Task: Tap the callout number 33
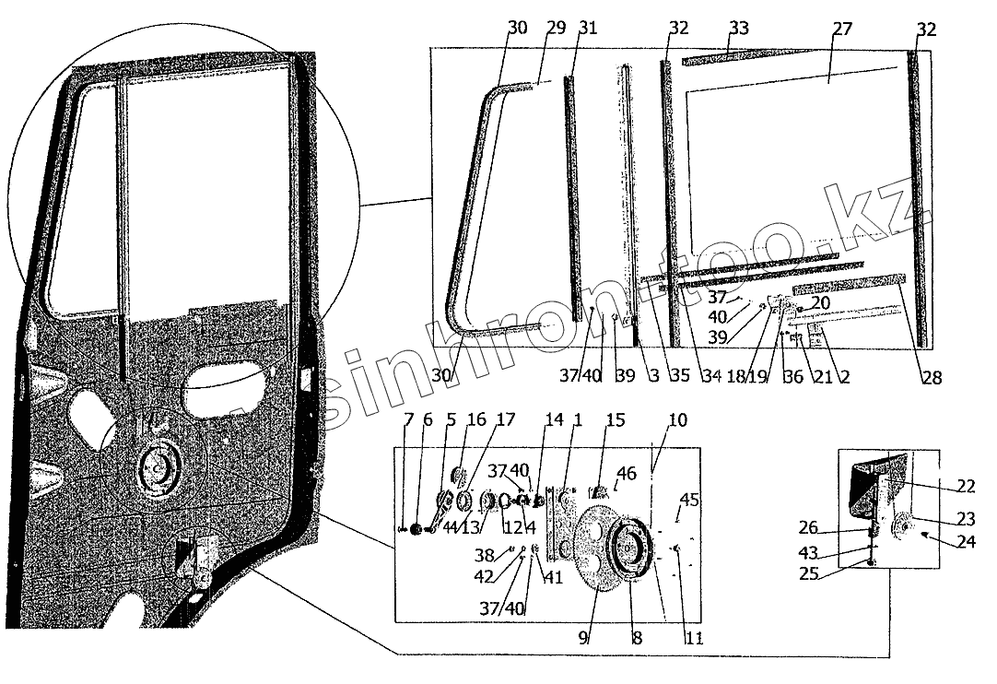pyautogui.click(x=737, y=29)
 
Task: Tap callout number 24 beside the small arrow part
pyautogui.click(x=965, y=542)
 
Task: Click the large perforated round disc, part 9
pyautogui.click(x=599, y=553)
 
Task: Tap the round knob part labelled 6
pyautogui.click(x=415, y=529)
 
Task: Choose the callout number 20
pyautogui.click(x=821, y=302)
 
